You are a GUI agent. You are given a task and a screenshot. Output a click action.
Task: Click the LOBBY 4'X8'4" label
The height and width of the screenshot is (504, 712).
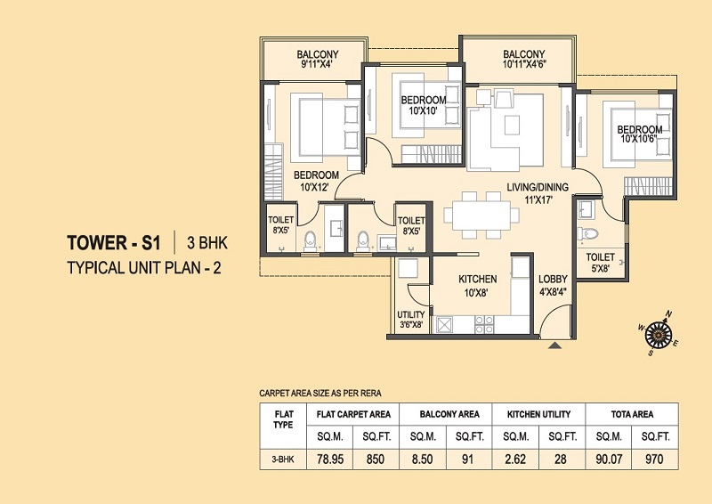point(554,285)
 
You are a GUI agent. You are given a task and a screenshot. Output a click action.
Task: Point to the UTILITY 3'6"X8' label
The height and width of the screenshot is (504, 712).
point(410,320)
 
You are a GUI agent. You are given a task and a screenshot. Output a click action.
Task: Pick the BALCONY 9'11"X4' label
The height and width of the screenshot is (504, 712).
point(318,59)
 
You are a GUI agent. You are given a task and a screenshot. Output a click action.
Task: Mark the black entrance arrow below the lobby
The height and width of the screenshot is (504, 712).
point(554,345)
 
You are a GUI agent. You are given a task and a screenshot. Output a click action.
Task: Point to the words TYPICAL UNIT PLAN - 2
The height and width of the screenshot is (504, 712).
point(142,266)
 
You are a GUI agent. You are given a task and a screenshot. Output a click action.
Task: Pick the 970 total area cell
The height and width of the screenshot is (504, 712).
point(654,461)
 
